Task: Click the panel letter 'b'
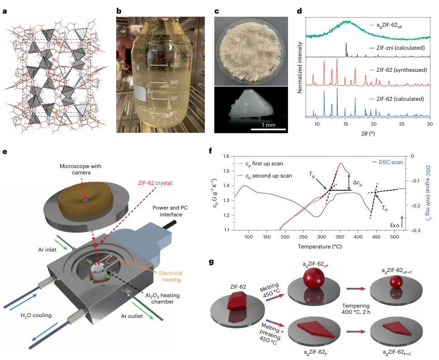[119, 10]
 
